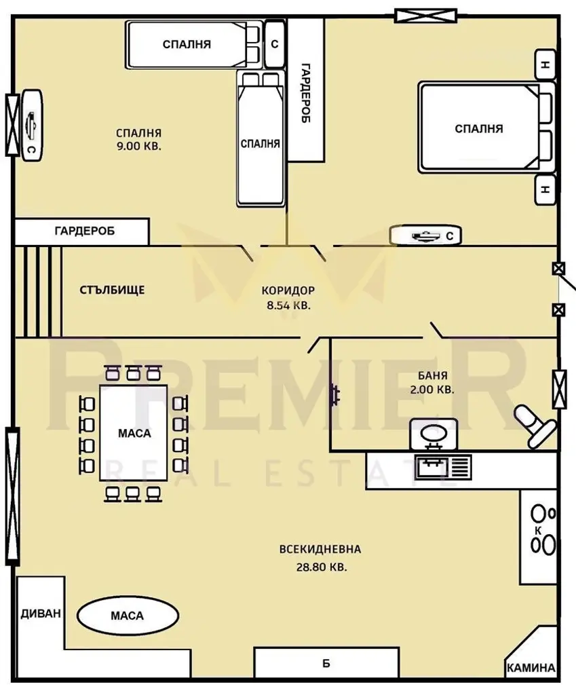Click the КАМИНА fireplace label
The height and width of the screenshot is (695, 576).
(531, 668)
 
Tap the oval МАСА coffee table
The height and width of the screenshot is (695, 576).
(128, 616)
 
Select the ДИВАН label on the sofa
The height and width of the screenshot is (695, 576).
(40, 614)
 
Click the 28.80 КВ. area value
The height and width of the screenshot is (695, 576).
(322, 567)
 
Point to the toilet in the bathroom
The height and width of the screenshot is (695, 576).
(534, 426)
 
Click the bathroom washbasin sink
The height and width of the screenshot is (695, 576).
(434, 434)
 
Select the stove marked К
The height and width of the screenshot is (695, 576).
(539, 536)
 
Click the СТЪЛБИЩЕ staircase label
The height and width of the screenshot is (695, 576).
(112, 290)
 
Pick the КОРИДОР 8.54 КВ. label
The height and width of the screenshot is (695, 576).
(288, 297)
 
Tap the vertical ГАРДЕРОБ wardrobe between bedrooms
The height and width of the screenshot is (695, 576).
(306, 90)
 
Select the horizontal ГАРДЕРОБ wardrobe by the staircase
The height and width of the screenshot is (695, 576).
(82, 231)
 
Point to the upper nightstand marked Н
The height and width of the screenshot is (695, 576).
(545, 64)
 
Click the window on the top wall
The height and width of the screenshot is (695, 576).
(426, 16)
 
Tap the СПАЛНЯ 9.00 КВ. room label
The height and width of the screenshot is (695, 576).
(138, 139)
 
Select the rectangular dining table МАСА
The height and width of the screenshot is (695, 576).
(134, 433)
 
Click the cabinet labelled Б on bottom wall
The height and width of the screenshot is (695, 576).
(326, 663)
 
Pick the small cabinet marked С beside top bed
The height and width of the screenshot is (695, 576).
(275, 44)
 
